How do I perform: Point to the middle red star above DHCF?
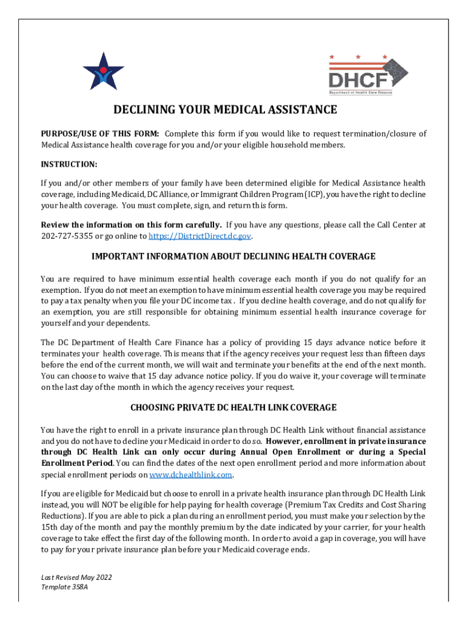(x=358, y=57)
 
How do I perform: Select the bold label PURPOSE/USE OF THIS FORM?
(x=100, y=133)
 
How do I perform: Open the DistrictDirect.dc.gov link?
(x=200, y=236)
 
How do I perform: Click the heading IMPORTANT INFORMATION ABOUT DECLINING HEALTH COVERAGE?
(x=233, y=257)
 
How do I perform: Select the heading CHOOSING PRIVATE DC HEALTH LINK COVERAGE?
(x=233, y=407)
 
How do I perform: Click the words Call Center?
(x=398, y=225)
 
